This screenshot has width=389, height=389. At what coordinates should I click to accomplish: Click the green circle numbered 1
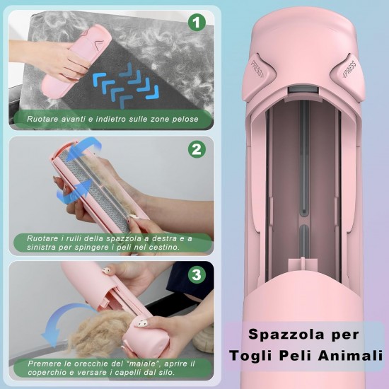click(x=197, y=23)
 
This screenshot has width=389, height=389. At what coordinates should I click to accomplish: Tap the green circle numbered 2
click(x=197, y=149)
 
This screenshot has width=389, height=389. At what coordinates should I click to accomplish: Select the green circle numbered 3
click(x=197, y=274)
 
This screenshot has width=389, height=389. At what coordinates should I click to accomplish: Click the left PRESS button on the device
click(x=258, y=70)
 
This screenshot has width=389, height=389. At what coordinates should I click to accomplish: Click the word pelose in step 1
click(x=185, y=120)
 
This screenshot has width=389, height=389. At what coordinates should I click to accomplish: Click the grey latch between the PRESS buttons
click(x=303, y=90)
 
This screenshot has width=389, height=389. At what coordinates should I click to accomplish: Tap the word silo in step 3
click(x=166, y=372)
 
